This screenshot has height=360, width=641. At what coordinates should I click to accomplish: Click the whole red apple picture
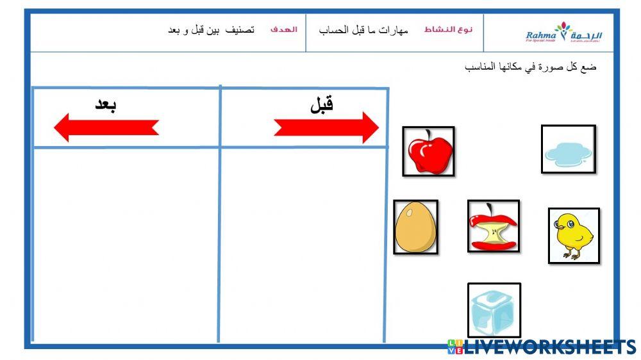(x=429, y=151)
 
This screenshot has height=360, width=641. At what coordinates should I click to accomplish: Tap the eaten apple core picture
(x=493, y=226)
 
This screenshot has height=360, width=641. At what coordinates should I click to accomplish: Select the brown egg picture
(x=415, y=227)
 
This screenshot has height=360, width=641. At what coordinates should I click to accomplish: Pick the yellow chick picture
(x=573, y=235)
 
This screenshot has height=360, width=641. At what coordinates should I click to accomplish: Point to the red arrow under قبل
(x=326, y=127)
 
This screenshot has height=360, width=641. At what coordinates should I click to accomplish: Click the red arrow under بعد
(x=106, y=127)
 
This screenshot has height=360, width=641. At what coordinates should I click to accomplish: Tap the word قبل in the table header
(x=322, y=104)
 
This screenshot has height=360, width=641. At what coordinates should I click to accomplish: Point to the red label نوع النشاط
(x=448, y=30)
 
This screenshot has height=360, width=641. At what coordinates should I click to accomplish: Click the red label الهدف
(x=283, y=30)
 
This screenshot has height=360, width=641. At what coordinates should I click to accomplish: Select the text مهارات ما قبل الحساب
(x=363, y=30)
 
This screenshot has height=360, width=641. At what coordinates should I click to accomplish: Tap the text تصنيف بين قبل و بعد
(x=211, y=30)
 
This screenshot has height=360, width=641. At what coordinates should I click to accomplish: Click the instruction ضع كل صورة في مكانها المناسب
(x=530, y=67)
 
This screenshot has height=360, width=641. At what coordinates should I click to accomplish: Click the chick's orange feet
(x=569, y=255)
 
